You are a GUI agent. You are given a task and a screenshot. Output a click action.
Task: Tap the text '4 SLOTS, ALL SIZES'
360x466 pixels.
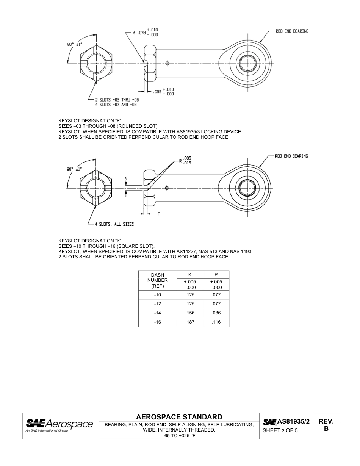click(x=114, y=224)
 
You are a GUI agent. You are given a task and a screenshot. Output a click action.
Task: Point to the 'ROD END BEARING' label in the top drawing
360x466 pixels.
click(x=292, y=31)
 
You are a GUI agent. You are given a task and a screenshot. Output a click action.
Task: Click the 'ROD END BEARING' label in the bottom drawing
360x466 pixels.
click(x=291, y=156)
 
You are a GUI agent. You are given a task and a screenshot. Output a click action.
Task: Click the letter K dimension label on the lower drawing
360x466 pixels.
click(x=126, y=178)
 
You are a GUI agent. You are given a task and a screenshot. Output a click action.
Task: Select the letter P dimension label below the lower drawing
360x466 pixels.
click(x=159, y=214)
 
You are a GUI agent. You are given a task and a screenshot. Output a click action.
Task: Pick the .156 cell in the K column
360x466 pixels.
click(x=190, y=313)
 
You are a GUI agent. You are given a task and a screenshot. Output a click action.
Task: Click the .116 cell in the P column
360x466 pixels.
click(x=216, y=322)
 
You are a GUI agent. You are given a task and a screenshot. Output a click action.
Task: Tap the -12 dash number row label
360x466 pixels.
click(x=158, y=304)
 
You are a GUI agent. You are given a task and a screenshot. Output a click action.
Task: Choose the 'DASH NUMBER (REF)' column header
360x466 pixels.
click(x=158, y=280)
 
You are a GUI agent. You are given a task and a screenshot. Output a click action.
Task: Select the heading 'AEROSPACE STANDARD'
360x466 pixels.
click(x=179, y=417)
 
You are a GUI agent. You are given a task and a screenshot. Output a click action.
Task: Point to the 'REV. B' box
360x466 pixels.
click(x=326, y=425)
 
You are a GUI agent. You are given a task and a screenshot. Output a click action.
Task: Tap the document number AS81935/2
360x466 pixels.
click(x=293, y=421)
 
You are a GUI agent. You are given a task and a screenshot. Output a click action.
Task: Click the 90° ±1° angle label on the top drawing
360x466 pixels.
click(x=75, y=44)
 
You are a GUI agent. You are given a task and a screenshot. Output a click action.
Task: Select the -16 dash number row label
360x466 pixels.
click(x=158, y=322)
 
